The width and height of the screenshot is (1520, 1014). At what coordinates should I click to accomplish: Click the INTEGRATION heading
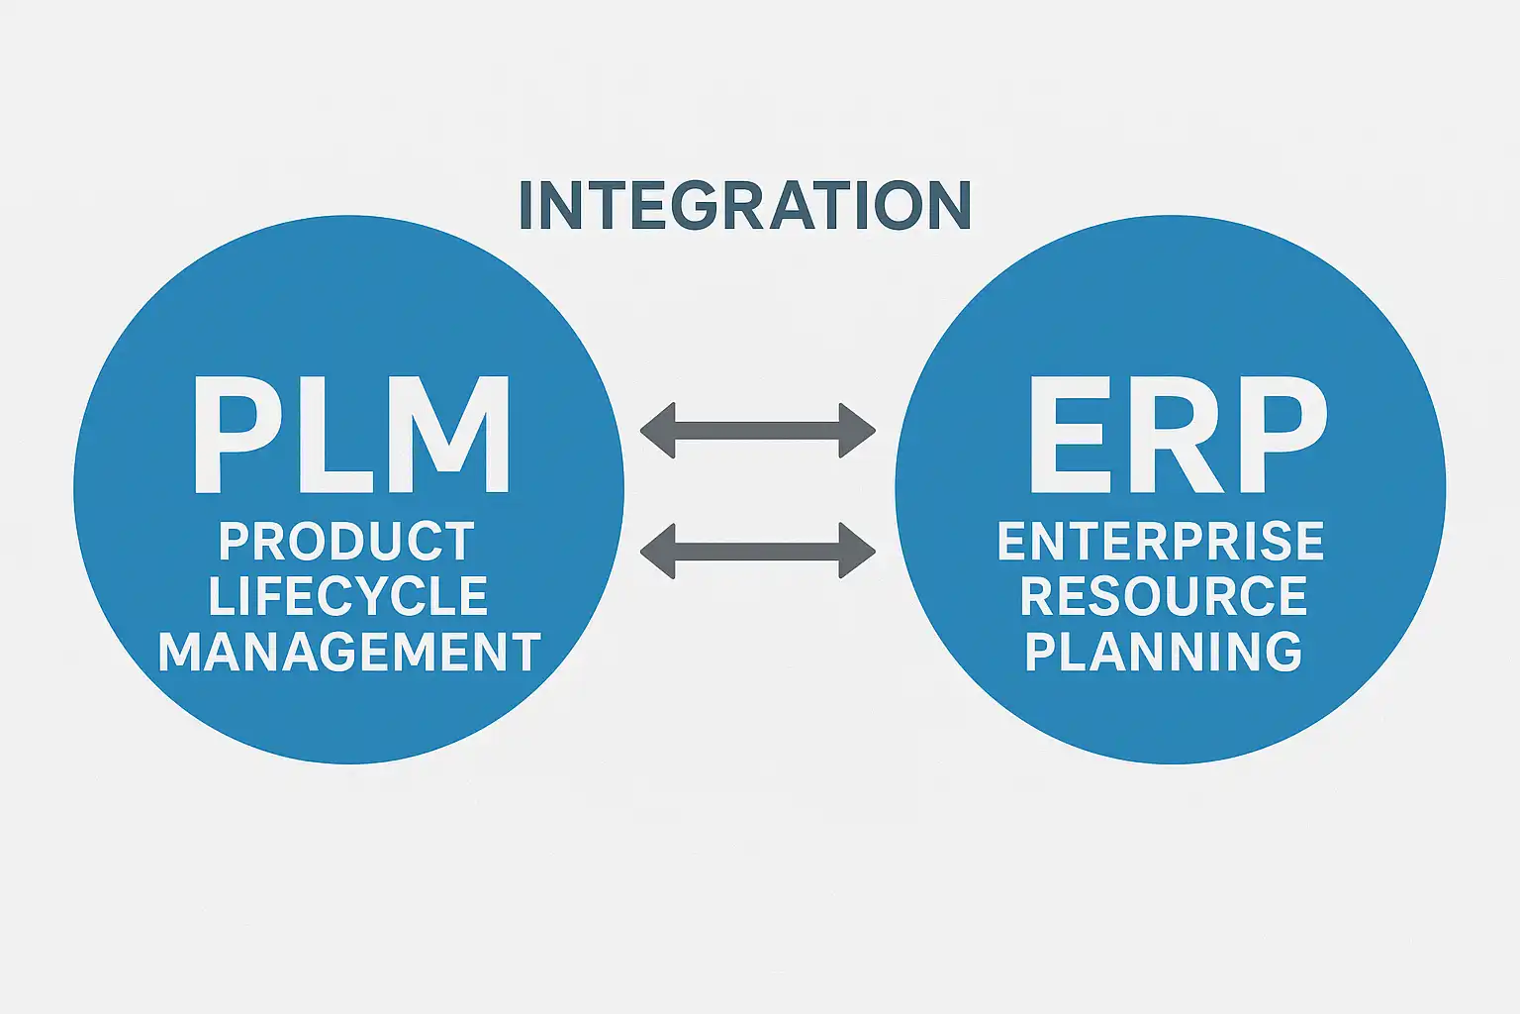[744, 205]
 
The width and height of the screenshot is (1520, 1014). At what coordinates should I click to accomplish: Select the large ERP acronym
[1176, 436]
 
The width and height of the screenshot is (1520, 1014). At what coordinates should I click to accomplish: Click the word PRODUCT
[346, 542]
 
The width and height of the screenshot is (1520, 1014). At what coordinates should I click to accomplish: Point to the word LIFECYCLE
[348, 596]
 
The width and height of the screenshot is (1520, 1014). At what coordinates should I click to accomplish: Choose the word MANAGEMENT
[349, 653]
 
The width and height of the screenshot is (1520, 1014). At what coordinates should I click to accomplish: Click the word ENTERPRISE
[1161, 542]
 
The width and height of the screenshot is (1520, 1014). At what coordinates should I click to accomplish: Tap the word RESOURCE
[1164, 596]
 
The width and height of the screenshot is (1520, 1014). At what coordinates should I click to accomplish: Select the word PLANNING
[1163, 652]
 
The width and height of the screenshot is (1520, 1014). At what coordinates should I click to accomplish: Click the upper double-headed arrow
[758, 431]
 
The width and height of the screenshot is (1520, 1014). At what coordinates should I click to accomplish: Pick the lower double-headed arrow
[758, 551]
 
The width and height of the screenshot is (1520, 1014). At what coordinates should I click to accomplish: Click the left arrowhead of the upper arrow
[658, 431]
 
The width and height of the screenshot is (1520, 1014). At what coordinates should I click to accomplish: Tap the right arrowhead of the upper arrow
[857, 431]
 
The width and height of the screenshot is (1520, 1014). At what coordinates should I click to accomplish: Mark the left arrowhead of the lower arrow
[658, 551]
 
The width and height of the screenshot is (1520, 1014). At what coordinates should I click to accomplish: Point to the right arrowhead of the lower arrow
[857, 551]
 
